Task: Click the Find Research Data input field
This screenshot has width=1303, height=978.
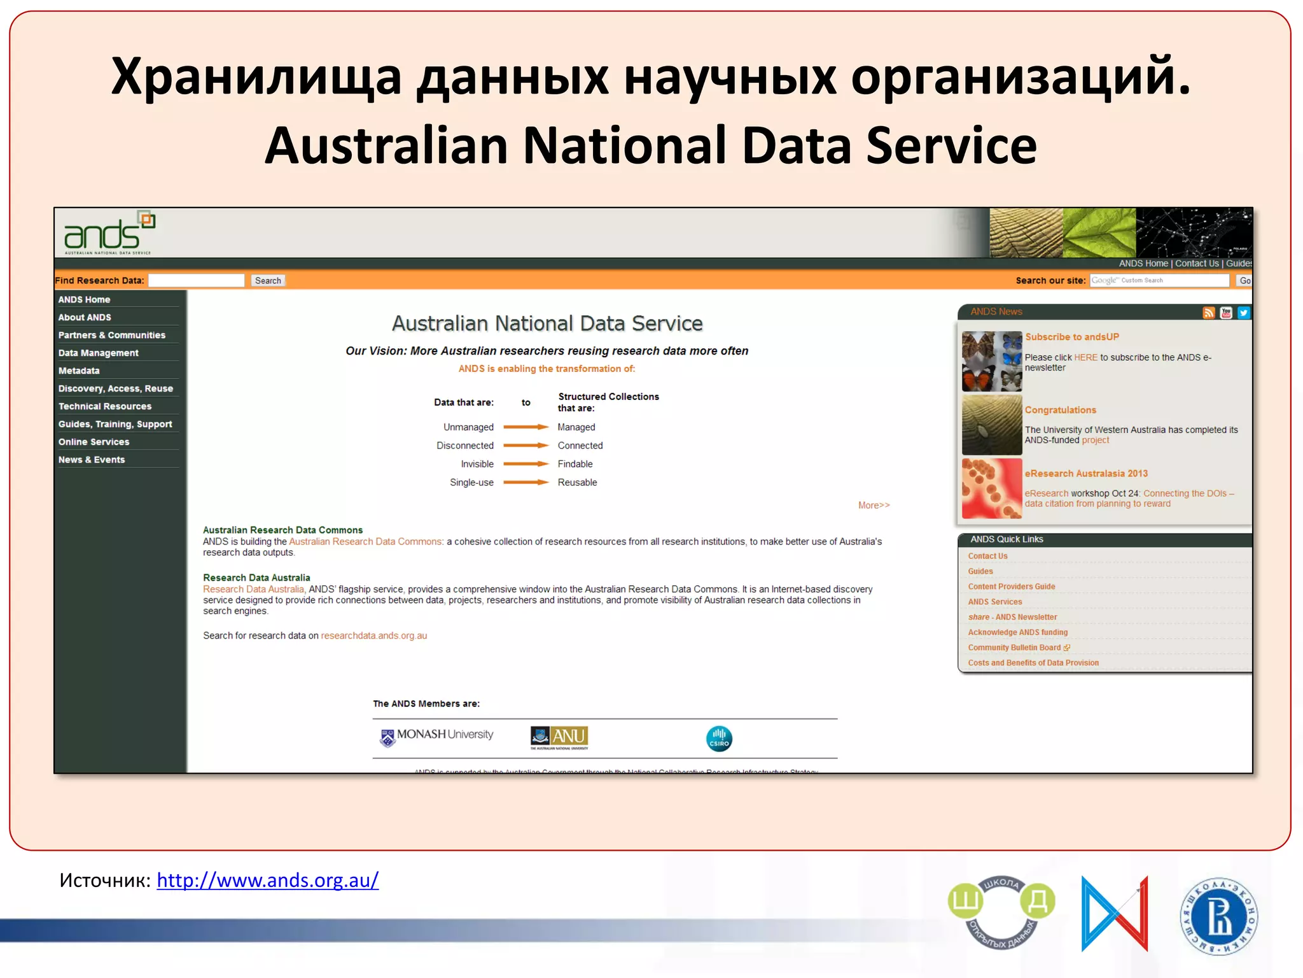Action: tap(196, 281)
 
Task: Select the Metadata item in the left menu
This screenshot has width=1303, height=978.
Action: tap(79, 371)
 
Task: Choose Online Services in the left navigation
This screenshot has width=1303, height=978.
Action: tap(94, 442)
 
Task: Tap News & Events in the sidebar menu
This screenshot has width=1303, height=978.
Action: tap(92, 460)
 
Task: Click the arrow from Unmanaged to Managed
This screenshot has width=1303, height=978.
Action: tap(526, 427)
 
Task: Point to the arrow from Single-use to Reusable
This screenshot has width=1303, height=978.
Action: tap(526, 483)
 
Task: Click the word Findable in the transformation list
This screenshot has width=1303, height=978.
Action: tap(575, 464)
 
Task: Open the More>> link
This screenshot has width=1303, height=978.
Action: tap(874, 506)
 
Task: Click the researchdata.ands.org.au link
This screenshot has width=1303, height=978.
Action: tap(374, 636)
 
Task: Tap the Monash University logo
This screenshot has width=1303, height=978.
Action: tap(436, 737)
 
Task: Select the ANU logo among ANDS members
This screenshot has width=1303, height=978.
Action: tap(559, 737)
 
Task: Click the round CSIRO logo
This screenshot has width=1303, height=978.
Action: tap(719, 739)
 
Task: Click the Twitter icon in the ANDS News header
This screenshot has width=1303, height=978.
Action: tap(1243, 313)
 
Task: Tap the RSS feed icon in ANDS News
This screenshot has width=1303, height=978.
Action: tap(1209, 313)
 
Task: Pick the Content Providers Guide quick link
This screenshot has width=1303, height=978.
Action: tap(1012, 587)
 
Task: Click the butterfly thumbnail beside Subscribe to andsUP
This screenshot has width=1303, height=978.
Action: tap(992, 361)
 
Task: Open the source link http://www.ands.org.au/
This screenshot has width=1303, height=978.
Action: tap(268, 881)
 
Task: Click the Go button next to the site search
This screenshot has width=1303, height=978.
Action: tap(1244, 281)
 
